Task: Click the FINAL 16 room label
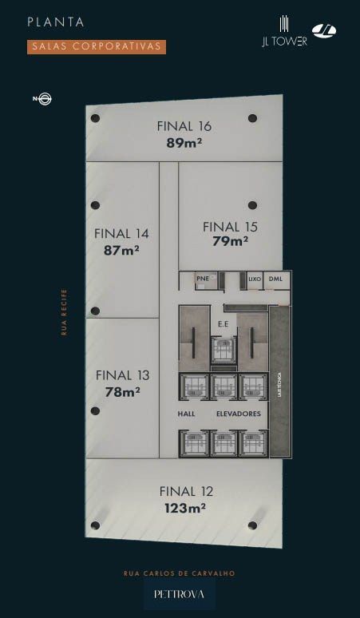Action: [x=184, y=126]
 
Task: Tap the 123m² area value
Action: [x=185, y=509]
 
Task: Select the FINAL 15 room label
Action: [x=230, y=227]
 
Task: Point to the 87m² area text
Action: [x=121, y=250]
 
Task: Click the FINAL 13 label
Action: [x=122, y=375]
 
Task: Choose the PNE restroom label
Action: [x=203, y=278]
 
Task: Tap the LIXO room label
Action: [x=255, y=279]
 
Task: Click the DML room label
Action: [x=275, y=279]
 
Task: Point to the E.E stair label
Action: [x=223, y=324]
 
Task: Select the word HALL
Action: [x=186, y=414]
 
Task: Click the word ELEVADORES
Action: [x=239, y=414]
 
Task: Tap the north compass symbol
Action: [x=42, y=99]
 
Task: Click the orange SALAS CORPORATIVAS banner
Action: [x=97, y=46]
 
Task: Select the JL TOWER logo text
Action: [x=284, y=42]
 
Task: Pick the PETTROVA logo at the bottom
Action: [x=180, y=594]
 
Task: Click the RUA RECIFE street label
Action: [x=64, y=312]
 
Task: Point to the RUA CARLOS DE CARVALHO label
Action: [x=180, y=573]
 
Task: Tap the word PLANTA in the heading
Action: [x=56, y=22]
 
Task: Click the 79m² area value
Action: [x=230, y=240]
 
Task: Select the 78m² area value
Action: [x=122, y=392]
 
